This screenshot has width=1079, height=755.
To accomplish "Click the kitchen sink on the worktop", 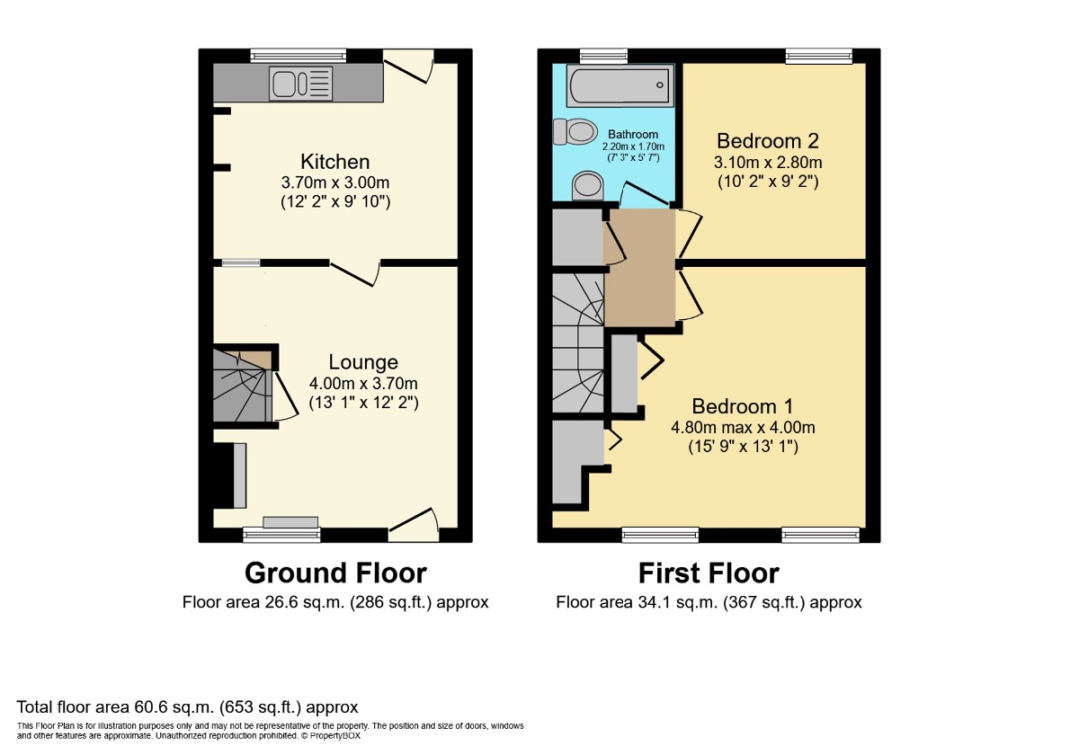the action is pos(301,84).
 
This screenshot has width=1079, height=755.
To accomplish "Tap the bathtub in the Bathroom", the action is pos(620,85).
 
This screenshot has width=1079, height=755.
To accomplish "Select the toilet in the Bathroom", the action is pos(575,131).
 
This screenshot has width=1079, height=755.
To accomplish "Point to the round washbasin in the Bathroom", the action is pos(588,186).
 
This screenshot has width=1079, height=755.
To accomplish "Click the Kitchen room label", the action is pos(335,162).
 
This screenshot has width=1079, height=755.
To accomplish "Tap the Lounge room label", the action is pos(363,362).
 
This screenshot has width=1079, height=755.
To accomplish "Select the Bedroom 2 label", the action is pos(768,141).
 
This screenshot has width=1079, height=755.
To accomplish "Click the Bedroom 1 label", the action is pos(743,406).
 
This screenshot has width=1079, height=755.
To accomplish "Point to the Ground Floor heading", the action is pos(335,573).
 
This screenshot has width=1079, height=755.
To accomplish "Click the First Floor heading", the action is pos(709,573).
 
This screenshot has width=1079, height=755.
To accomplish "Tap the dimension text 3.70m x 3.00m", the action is pos(335,183).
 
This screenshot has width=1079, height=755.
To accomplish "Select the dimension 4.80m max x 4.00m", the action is pos(743,428).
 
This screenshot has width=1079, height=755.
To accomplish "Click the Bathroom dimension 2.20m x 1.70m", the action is pos(633,147).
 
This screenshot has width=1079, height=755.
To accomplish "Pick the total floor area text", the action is pos(187,706).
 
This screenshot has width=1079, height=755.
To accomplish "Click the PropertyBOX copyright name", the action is pos(334,736).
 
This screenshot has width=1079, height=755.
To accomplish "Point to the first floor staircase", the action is pos(578,343).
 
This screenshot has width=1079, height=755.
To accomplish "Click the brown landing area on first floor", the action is pos(639,268).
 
